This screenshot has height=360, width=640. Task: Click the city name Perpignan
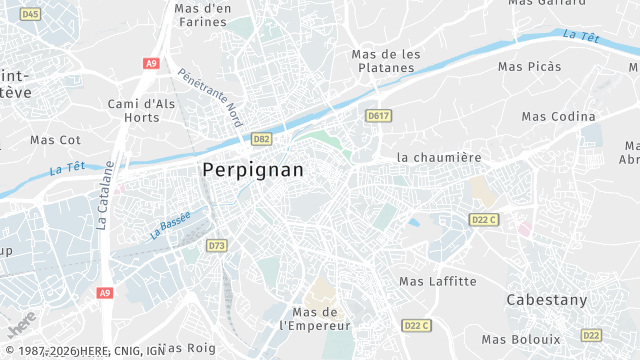[x=253, y=170]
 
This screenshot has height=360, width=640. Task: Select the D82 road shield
[x=262, y=139]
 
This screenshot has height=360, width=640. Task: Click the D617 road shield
[x=378, y=116]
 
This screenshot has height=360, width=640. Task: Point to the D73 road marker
[x=217, y=245]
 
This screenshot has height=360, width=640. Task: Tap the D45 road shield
[x=30, y=14]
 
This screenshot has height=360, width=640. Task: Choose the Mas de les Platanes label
[x=383, y=61]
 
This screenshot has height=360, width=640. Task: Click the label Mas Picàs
[x=530, y=66]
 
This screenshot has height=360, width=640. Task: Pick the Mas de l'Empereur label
[x=315, y=319]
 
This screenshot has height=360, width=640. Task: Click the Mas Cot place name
[x=55, y=140]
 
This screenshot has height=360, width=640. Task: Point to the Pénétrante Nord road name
[x=209, y=96]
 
